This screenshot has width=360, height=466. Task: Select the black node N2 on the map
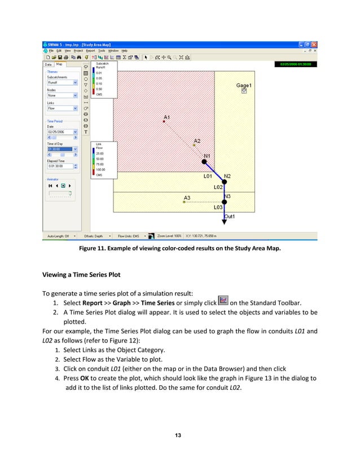pos(225,182)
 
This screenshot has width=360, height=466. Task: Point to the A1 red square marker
pos(164,121)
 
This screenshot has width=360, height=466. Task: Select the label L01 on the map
pos(208,176)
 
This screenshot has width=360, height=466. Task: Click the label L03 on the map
pos(218,208)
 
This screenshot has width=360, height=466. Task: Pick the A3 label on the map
pos(187,197)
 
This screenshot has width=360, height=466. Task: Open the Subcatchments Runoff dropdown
pos(62,82)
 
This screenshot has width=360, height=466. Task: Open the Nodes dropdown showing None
pos(62,95)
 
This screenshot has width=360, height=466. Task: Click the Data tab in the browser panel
pos(49,64)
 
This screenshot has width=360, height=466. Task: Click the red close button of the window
pos(314,45)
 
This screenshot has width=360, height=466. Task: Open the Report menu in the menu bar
pos(90,51)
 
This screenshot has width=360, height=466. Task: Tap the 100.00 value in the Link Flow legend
pos(100,169)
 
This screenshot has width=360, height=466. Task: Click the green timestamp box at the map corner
pos(295,64)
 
